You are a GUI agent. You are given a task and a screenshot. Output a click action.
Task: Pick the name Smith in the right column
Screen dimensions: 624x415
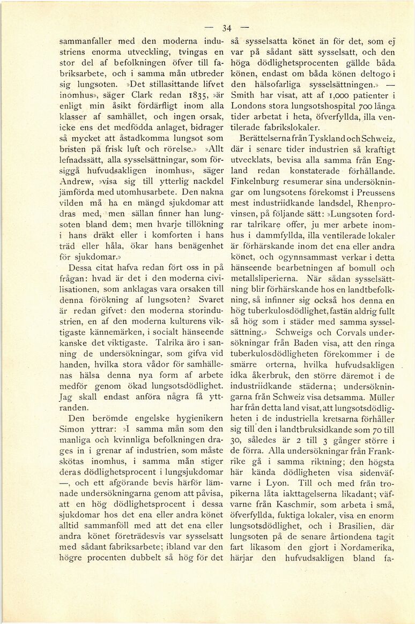pyautogui.click(x=242, y=96)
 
